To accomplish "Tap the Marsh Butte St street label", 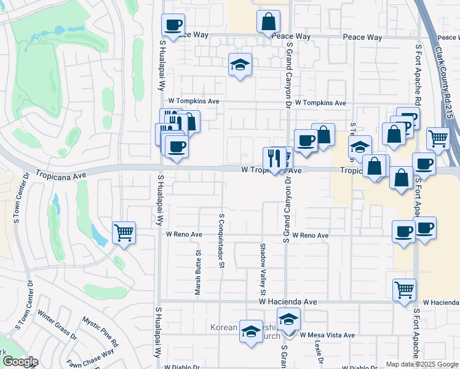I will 199,272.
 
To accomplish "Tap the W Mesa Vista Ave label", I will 327,335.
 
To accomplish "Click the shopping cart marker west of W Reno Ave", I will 124,233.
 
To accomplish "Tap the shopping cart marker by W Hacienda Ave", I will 404,290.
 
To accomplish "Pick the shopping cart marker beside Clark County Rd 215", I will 438,138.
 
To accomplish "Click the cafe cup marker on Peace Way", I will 173,25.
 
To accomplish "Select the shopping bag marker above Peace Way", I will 268,22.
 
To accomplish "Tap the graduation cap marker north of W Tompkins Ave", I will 240,65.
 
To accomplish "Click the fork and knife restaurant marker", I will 273,158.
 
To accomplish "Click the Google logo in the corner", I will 20,362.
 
